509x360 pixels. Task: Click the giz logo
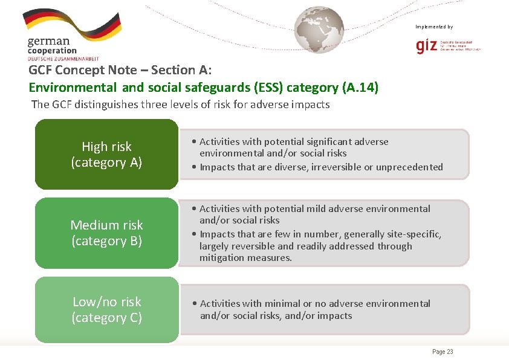tap(426, 46)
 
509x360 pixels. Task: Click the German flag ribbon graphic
tap(71, 24)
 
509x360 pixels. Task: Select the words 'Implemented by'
tap(433, 27)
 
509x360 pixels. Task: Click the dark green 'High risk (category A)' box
tap(106, 155)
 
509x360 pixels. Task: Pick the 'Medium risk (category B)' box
tap(106, 233)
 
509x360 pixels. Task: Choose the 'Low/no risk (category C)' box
tap(106, 309)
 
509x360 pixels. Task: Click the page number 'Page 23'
tap(443, 352)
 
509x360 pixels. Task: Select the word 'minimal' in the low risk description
tap(284, 303)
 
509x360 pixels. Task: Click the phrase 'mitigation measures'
tap(245, 257)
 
